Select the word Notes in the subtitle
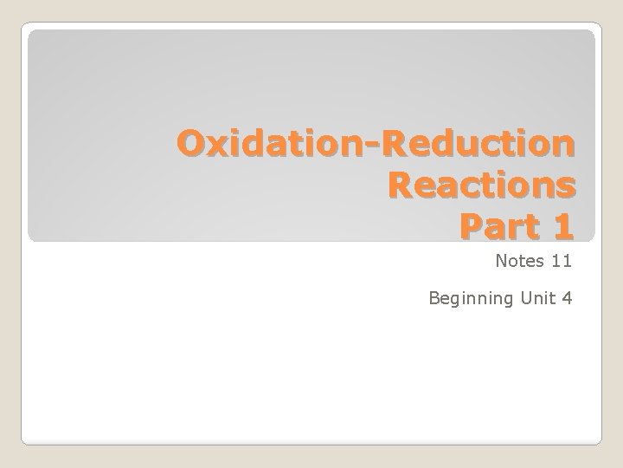point(517,260)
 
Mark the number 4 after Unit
point(566,298)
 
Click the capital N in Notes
point(501,260)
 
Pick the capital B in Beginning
point(434,298)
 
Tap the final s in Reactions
point(563,186)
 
